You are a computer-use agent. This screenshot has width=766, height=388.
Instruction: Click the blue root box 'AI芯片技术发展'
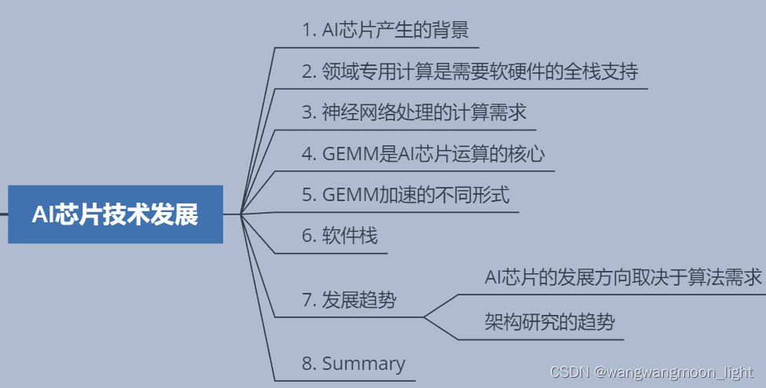coord(115,214)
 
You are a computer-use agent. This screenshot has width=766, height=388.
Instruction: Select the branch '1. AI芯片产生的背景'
coord(385,31)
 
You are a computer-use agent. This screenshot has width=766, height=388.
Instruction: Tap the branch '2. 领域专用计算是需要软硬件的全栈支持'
coord(470,72)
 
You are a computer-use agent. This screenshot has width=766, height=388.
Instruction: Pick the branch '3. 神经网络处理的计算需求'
coord(414,112)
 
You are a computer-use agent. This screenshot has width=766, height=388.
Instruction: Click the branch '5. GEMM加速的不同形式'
coord(411,195)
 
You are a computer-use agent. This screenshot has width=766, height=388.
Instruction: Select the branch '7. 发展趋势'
coord(349,299)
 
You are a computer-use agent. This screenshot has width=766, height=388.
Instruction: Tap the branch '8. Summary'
coord(354,364)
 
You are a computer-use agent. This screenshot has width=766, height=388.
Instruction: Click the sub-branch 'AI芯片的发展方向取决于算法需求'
coord(624,277)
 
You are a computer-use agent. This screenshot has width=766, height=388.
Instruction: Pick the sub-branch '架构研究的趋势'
coord(549,321)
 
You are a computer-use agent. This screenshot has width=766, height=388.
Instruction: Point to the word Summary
coord(364,364)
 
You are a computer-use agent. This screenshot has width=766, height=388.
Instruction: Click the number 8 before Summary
coord(307,364)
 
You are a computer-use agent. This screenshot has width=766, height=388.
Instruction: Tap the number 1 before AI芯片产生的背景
coord(307,31)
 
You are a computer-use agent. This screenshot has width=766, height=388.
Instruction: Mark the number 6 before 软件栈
coord(307,236)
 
